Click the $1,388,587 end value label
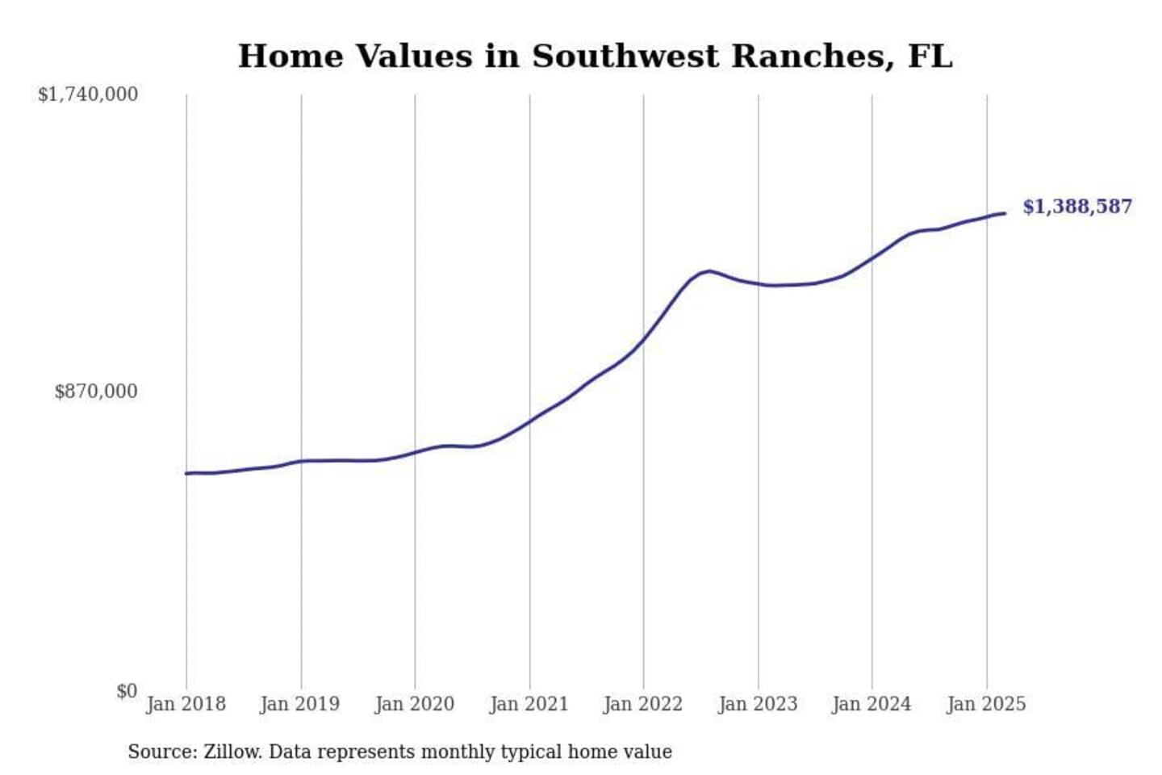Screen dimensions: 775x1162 [x=1077, y=207]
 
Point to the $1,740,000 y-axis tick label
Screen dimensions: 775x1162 [x=88, y=94]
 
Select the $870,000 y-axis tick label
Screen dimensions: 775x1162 [x=96, y=392]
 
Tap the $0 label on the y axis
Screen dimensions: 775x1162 [x=127, y=691]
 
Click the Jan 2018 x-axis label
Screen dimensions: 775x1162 [x=186, y=704]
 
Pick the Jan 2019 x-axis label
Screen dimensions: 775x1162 [x=300, y=704]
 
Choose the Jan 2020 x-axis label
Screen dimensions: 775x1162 [x=415, y=704]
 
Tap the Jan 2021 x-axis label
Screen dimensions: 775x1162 [x=529, y=704]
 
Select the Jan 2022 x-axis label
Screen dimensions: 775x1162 [x=643, y=704]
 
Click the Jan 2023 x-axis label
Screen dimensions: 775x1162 [x=758, y=704]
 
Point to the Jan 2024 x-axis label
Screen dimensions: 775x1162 [x=871, y=704]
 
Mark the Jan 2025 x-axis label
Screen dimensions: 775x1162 [x=986, y=704]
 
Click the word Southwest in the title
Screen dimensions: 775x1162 [x=625, y=57]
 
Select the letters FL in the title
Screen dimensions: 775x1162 [x=930, y=57]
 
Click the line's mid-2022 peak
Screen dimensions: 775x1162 [x=708, y=271]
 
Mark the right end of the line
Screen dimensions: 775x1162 [x=1005, y=213]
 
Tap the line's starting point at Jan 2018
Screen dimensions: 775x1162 [x=186, y=473]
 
